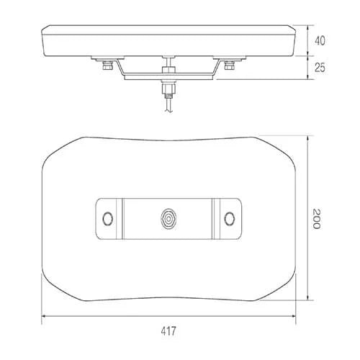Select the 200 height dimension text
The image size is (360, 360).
pyautogui.click(x=318, y=220)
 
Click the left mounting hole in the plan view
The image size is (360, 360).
pyautogui.click(x=109, y=218)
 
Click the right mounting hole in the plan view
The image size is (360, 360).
pyautogui.click(x=230, y=218)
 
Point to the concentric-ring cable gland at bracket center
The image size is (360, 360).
pyautogui.click(x=169, y=218)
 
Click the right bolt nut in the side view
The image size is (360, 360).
pyautogui.click(x=230, y=66)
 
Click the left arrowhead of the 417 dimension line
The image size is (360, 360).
pyautogui.click(x=43, y=315)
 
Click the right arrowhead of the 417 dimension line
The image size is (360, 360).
pyautogui.click(x=295, y=315)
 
